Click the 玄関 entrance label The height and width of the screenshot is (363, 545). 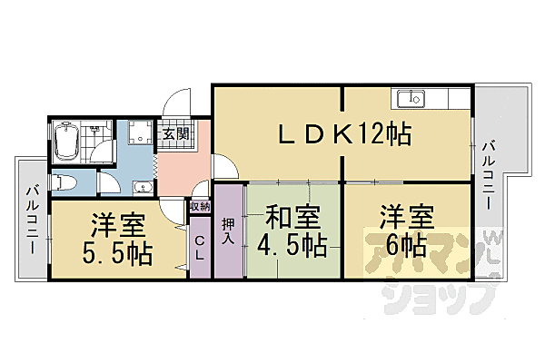[x=175, y=134]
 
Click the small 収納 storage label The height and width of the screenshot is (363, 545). [x=200, y=206]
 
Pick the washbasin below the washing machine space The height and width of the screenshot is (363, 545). [x=142, y=188]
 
